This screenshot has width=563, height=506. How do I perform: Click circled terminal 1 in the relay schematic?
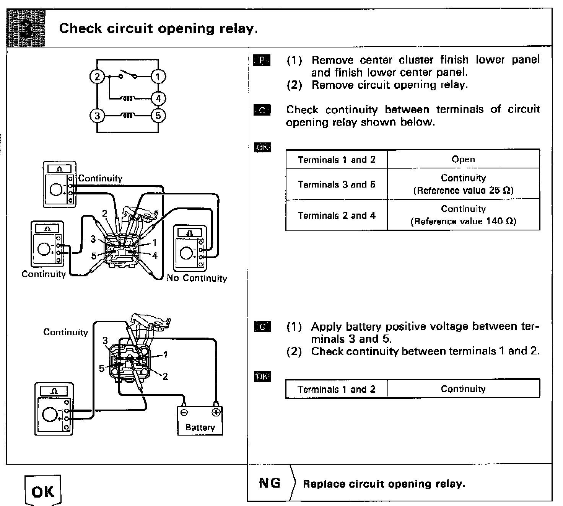(x=158, y=77)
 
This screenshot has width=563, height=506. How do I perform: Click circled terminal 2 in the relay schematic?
(x=97, y=77)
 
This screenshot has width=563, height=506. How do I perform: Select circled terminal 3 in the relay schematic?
(x=97, y=115)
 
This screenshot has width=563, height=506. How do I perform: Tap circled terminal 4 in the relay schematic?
(x=158, y=98)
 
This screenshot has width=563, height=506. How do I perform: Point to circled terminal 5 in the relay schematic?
(x=158, y=115)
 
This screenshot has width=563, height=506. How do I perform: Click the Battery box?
(x=200, y=421)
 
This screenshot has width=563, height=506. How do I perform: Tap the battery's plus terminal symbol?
(x=216, y=412)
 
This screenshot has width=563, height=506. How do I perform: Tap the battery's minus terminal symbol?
(x=184, y=412)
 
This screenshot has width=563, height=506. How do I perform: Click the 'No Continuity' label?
(x=197, y=278)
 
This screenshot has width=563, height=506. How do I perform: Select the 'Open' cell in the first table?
(x=463, y=159)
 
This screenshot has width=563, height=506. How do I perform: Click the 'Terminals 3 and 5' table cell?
(x=337, y=184)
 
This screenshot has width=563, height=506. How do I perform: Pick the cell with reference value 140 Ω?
(x=463, y=215)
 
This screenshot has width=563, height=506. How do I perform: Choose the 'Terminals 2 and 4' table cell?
(x=337, y=215)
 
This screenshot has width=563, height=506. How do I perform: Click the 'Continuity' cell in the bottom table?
(x=463, y=389)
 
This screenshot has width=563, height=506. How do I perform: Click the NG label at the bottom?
(x=269, y=483)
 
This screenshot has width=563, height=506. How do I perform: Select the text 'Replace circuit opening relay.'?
(x=384, y=484)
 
